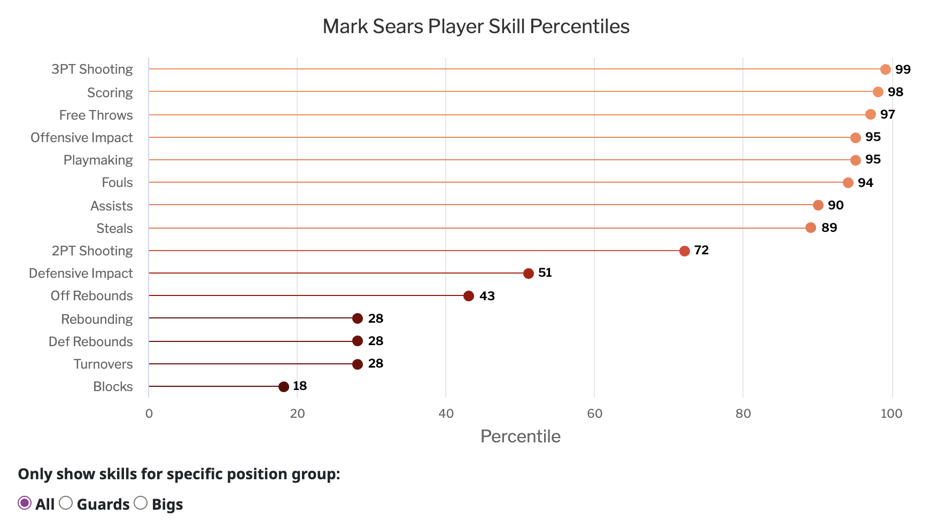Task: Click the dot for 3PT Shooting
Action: coord(886,69)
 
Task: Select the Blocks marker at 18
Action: coord(284,387)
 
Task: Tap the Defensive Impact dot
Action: coord(529,274)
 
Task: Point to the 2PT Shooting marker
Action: coord(685,251)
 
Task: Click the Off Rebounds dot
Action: coord(469,296)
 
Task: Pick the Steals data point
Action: coord(811,228)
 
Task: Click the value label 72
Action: coord(701,250)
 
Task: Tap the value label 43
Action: coord(487,296)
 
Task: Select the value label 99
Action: coord(903,69)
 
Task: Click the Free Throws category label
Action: coord(96,115)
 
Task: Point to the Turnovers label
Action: coord(103,364)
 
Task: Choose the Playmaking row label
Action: coord(98,160)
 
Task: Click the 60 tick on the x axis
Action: coord(594,414)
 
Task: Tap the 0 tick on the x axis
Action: coord(149,414)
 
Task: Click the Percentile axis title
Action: coord(520,437)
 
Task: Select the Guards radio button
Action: coord(66,503)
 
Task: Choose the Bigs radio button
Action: coord(141,503)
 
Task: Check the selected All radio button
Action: coord(25,503)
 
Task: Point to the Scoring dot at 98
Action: coord(878,92)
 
